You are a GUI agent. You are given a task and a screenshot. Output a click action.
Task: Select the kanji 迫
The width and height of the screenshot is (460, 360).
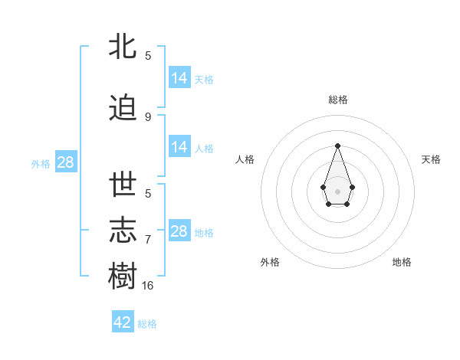(123, 108)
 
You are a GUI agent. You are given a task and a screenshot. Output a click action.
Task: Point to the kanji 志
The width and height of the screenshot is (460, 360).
(123, 231)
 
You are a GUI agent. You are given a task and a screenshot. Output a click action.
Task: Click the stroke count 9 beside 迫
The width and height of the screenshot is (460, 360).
(148, 117)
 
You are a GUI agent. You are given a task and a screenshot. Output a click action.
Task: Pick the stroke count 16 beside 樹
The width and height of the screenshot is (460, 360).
(148, 285)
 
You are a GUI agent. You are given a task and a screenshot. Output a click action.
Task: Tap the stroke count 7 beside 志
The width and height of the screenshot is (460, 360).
(148, 240)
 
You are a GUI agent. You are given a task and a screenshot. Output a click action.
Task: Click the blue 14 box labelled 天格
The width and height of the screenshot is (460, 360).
(179, 78)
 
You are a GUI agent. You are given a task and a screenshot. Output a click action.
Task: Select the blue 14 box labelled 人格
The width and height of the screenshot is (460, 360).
(179, 147)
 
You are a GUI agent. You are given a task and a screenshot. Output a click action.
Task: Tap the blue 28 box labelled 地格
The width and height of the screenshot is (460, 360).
(179, 231)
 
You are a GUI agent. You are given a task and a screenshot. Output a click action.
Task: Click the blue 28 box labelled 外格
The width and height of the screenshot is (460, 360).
(65, 162)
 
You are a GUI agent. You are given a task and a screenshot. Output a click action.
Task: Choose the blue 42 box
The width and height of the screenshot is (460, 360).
(123, 322)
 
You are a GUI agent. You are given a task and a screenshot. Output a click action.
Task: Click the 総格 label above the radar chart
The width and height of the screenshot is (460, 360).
(338, 100)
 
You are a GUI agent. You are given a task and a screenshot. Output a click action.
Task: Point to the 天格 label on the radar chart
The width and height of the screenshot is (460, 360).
(431, 159)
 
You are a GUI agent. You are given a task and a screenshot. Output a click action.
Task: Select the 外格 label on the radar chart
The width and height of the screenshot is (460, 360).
(270, 262)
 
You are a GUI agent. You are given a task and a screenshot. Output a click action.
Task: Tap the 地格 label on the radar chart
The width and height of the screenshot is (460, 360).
(402, 262)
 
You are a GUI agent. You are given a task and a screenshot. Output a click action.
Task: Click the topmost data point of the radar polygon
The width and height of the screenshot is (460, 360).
(337, 146)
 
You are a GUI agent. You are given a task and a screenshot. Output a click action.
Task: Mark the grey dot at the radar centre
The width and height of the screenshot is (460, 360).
(337, 191)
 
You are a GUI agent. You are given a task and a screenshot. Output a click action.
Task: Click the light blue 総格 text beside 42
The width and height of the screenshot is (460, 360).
(147, 324)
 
